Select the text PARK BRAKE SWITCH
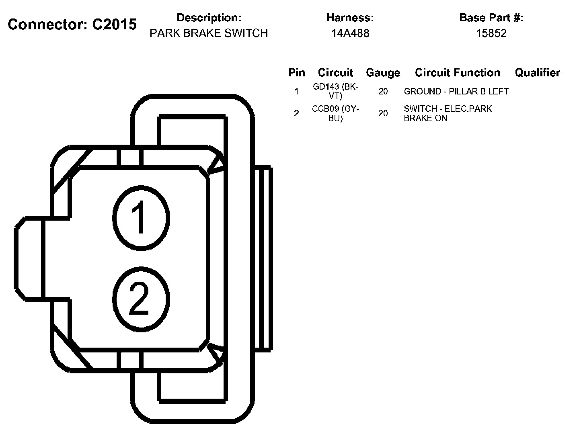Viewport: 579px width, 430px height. coord(209,33)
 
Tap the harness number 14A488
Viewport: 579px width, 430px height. coord(350,33)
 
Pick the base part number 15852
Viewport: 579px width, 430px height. coord(491,33)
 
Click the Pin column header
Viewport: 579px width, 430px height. coord(296,73)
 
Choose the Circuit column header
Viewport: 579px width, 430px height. coord(335,73)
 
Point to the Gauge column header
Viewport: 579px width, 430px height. coord(383,73)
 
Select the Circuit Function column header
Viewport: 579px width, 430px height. coord(458,73)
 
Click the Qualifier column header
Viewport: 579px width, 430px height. coord(537,73)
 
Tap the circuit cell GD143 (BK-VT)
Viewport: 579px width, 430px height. coord(335,91)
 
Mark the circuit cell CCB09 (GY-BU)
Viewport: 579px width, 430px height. coord(335,113)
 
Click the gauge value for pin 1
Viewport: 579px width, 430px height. coord(383,92)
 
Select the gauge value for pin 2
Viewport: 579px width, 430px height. coord(383,114)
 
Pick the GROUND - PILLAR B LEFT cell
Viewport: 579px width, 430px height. coord(456,92)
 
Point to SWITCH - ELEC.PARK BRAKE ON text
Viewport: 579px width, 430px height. coord(448,113)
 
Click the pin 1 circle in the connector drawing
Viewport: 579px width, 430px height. coord(141,217)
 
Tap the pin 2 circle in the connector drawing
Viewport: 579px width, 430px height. coord(141,299)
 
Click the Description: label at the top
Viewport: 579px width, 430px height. coord(209,18)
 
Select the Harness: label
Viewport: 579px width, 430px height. coord(350,18)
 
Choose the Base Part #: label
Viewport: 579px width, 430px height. coord(491,18)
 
